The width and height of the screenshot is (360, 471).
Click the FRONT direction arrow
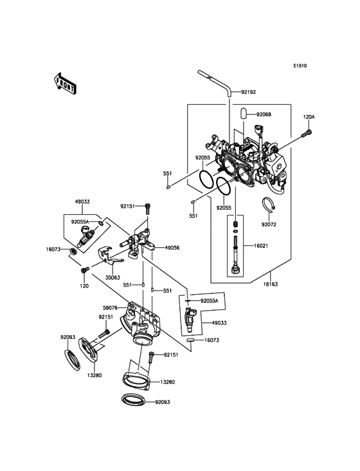click(x=65, y=84)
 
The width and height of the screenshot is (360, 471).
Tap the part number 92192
click(x=249, y=92)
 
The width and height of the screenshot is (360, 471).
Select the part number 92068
click(x=264, y=115)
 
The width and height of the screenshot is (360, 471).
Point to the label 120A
click(x=309, y=117)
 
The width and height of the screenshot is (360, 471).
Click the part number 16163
click(x=270, y=284)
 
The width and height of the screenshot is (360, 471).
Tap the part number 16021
click(x=261, y=246)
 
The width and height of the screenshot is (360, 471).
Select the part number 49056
click(x=172, y=248)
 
